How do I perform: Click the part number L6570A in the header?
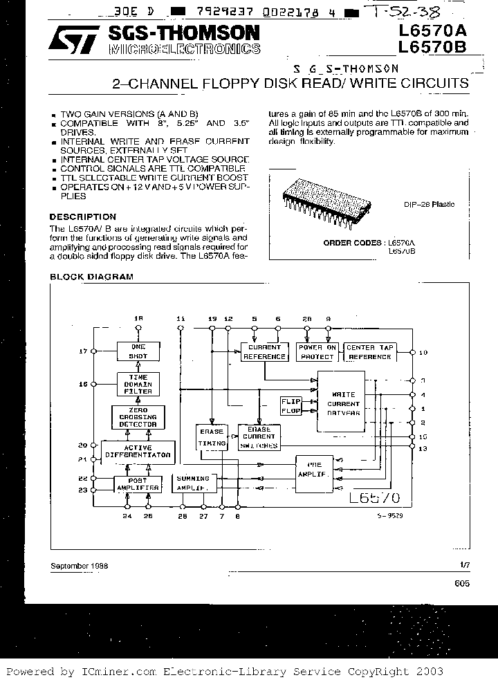tap(432, 32)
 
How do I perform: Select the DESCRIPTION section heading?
tap(82, 217)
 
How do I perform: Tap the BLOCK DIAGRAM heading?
tap(91, 277)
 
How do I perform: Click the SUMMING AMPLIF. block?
tap(194, 483)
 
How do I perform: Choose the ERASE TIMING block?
tap(211, 436)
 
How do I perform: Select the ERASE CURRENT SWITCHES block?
tap(259, 437)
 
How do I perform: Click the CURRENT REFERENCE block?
tap(264, 352)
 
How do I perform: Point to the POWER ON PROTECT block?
tap(317, 352)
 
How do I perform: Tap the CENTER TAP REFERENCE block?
tap(369, 352)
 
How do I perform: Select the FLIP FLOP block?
tap(290, 405)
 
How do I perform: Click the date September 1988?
tap(79, 565)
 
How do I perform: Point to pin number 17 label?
tap(83, 351)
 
